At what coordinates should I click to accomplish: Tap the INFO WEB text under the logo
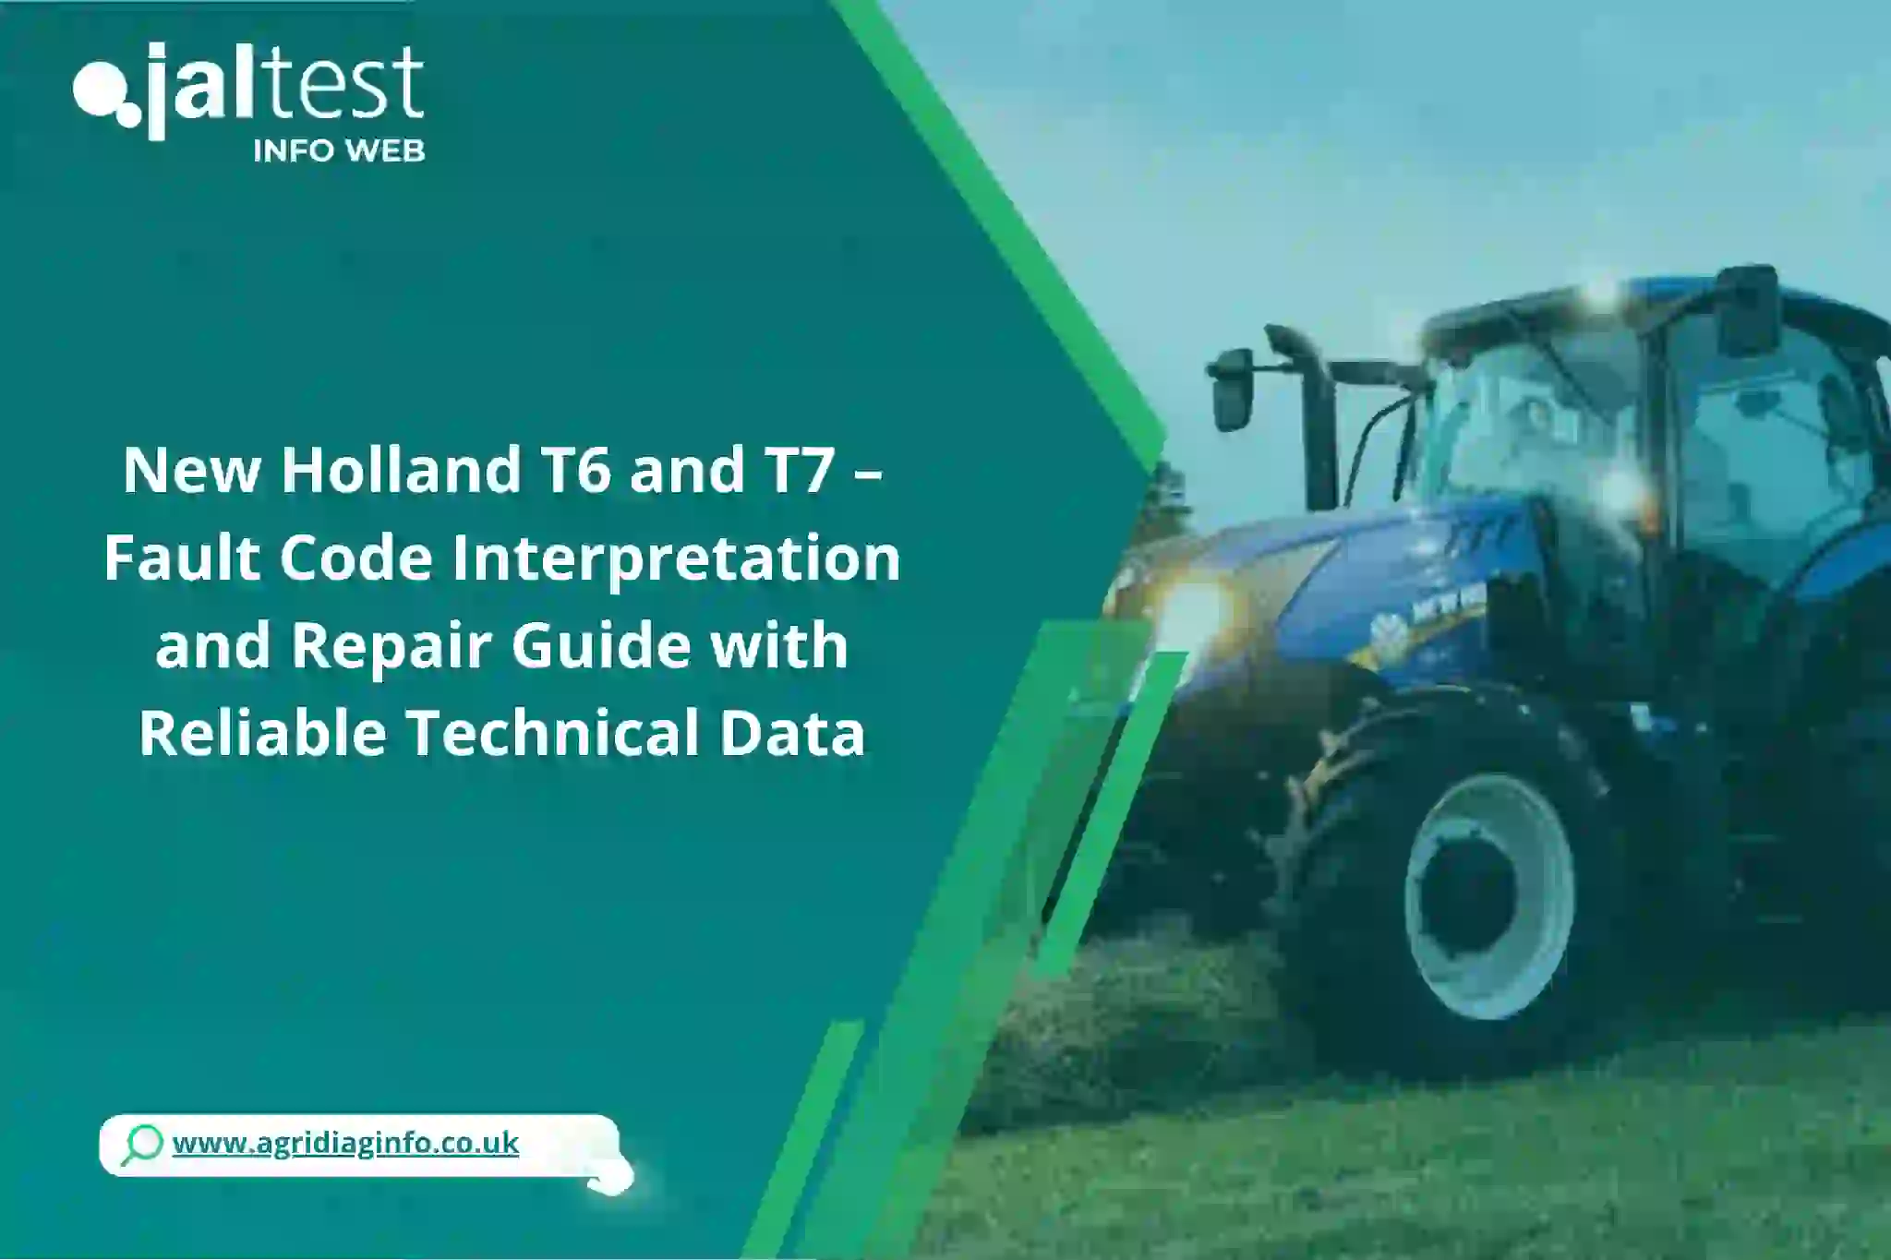pyautogui.click(x=339, y=151)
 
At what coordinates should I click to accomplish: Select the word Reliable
pyautogui.click(x=263, y=732)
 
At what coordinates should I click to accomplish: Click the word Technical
pyautogui.click(x=555, y=732)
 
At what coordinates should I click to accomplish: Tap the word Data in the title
pyautogui.click(x=792, y=734)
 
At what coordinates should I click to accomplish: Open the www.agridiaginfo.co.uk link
pyautogui.click(x=345, y=1143)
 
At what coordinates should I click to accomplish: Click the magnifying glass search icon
pyautogui.click(x=142, y=1145)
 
